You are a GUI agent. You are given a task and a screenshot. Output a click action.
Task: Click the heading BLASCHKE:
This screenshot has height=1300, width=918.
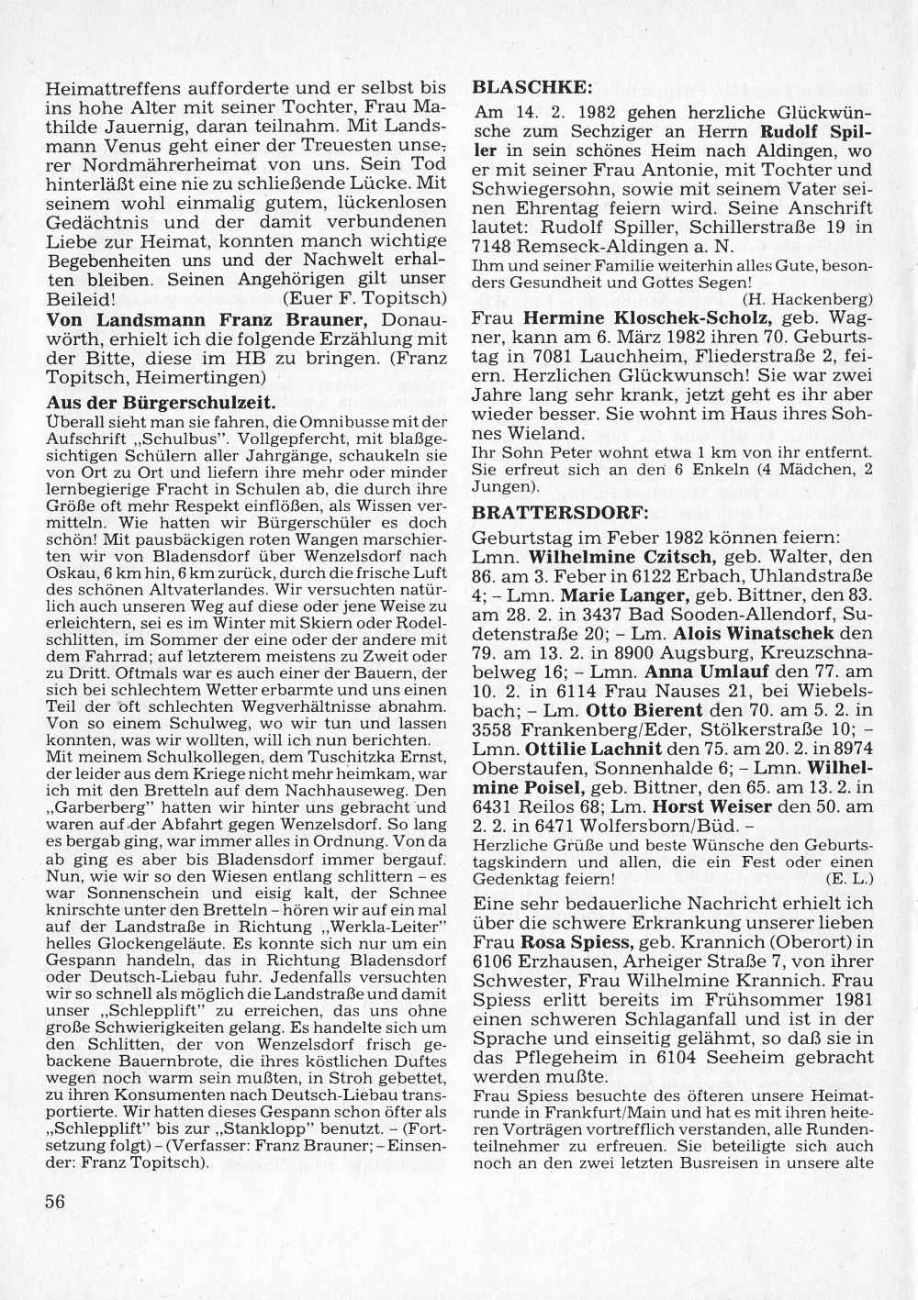tap(532, 89)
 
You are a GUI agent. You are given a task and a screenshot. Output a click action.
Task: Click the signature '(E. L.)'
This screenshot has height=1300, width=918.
tap(849, 878)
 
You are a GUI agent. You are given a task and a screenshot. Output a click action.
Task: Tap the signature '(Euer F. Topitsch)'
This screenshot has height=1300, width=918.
tap(364, 299)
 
